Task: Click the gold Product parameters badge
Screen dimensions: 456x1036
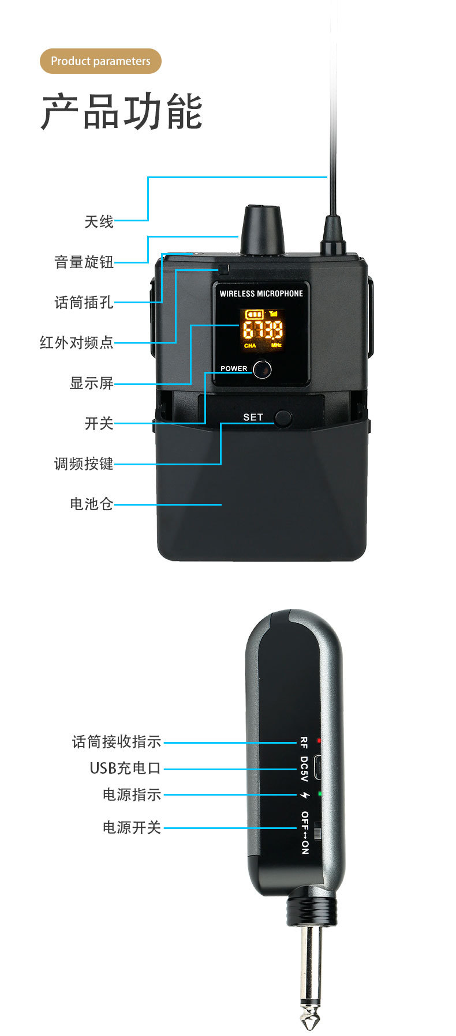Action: click(100, 61)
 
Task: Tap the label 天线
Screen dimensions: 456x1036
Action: click(99, 221)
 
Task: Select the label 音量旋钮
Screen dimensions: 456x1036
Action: click(84, 262)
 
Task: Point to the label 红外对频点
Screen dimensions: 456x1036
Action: click(76, 342)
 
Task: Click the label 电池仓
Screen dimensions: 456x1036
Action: click(91, 504)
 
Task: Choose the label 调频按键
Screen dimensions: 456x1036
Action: click(84, 464)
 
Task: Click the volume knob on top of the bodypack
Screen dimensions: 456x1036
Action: click(262, 228)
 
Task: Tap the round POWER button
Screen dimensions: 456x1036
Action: click(261, 369)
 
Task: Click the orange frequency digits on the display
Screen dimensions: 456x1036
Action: click(262, 330)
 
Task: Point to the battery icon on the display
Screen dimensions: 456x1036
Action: click(254, 314)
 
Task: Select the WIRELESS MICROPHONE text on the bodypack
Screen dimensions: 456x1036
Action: click(261, 293)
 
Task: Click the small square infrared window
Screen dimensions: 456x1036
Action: click(223, 269)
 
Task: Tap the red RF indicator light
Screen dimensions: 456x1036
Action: click(319, 740)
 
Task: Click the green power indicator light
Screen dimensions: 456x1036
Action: click(319, 794)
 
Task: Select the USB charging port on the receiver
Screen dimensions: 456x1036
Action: click(318, 767)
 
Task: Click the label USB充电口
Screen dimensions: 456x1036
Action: click(125, 768)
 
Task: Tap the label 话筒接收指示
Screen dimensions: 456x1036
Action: click(116, 742)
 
